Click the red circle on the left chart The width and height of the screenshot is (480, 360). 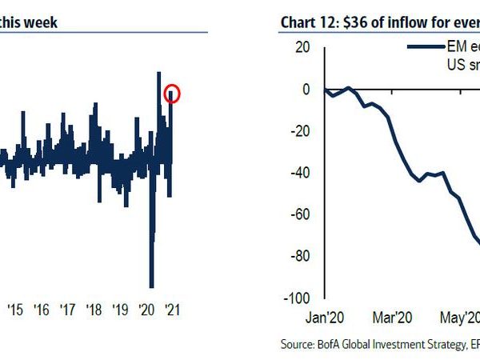[173, 94]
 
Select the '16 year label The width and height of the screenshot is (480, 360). [42, 310]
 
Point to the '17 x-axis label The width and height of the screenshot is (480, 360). [68, 310]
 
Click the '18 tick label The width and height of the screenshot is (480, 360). [94, 310]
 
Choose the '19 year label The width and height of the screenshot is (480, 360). [121, 310]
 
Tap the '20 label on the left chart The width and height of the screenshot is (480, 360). [147, 310]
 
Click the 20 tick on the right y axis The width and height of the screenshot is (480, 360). [302, 48]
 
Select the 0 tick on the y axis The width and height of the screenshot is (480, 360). [306, 90]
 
